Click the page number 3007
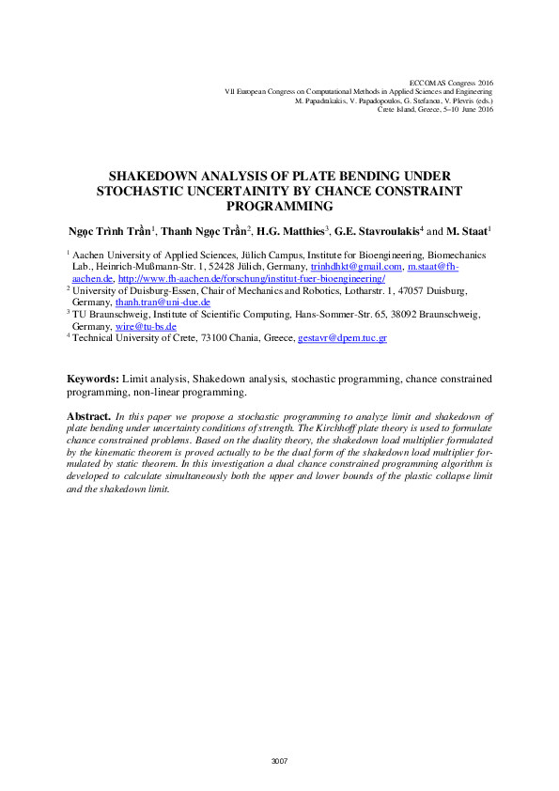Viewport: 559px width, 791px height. coord(279,761)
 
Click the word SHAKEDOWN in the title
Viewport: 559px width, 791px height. coord(155,176)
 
